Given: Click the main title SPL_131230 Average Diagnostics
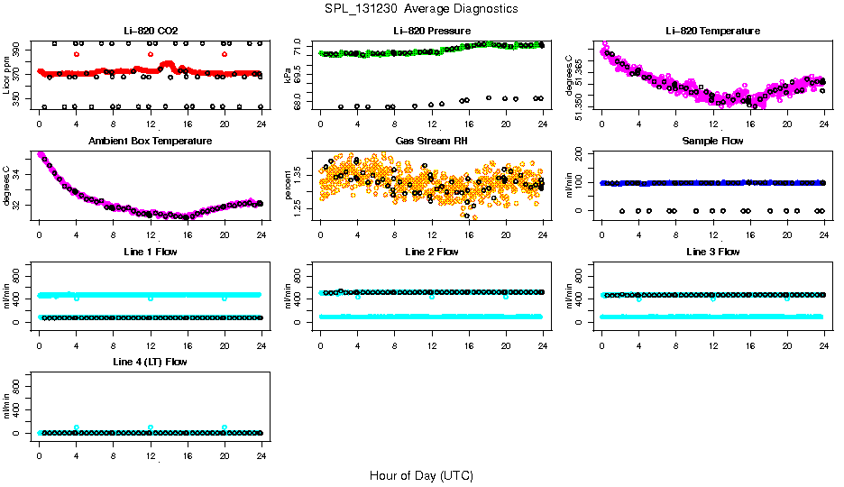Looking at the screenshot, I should [422, 8].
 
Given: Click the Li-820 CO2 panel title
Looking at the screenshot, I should [150, 31].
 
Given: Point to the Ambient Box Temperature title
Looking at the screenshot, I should [150, 142].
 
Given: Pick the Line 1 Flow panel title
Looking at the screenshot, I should [150, 252].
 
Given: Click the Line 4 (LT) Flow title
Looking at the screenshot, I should [150, 362].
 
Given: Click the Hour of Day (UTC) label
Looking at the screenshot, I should [421, 475].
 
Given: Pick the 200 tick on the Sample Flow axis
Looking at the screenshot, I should [582, 154].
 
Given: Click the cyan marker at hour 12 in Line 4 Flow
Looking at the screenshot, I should [151, 427].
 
